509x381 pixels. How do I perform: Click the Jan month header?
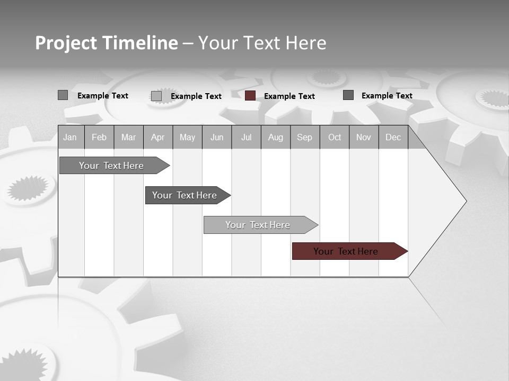pos(70,137)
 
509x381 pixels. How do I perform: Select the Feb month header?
pos(99,137)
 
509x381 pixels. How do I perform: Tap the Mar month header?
pos(128,137)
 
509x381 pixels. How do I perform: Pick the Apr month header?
pos(158,137)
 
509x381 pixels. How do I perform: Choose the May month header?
pos(187,137)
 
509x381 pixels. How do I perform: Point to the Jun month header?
pos(217,137)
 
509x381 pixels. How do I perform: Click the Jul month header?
pos(246,137)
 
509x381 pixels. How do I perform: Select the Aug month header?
pos(276,137)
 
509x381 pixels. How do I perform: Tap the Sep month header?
pos(305,137)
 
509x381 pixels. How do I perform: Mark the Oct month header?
pos(335,137)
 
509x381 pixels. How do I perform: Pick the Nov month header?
pos(364,137)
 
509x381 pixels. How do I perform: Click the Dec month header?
pos(393,137)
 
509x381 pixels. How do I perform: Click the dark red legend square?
pos(250,96)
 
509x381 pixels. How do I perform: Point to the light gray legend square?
pos(156,96)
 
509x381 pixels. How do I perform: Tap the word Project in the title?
pos(66,43)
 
